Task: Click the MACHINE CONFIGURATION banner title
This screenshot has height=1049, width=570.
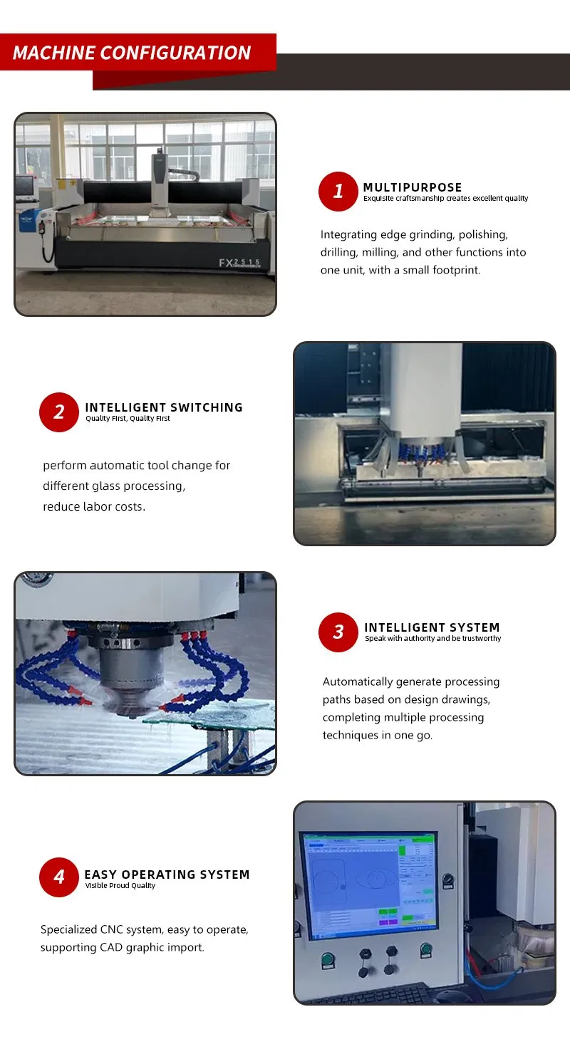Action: click(132, 53)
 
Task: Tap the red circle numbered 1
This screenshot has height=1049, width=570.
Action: click(338, 191)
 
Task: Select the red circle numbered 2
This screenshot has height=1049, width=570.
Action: click(58, 412)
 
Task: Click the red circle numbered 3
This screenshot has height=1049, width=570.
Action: click(338, 632)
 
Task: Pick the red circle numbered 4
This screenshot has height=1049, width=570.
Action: click(58, 877)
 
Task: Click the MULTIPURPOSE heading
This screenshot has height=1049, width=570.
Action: click(413, 187)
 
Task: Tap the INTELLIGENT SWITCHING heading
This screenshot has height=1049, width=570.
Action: click(164, 407)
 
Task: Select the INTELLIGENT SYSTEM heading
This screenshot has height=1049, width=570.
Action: click(432, 627)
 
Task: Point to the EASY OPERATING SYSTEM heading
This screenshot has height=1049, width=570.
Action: click(167, 874)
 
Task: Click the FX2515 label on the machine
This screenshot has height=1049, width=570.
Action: click(239, 263)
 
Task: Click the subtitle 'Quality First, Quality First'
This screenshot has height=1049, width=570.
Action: click(128, 419)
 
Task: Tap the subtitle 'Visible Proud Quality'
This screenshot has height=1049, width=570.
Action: click(120, 886)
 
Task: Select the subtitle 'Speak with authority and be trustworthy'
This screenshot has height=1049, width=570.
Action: click(432, 639)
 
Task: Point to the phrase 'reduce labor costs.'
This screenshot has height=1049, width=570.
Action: click(94, 506)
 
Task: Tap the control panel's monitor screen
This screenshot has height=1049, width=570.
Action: click(369, 884)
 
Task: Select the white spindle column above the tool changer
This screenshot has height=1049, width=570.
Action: click(425, 388)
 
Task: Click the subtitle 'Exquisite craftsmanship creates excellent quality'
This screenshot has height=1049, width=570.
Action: click(445, 199)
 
